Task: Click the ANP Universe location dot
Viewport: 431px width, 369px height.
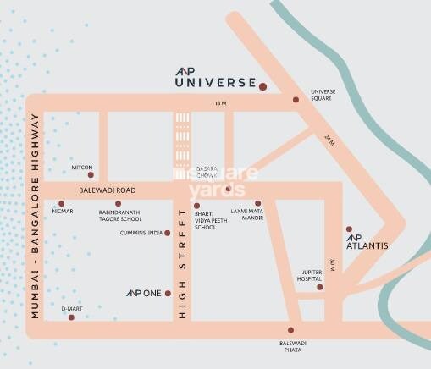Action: click(263, 86)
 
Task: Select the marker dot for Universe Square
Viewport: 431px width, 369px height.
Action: click(296, 99)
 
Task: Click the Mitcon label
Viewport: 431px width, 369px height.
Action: click(84, 167)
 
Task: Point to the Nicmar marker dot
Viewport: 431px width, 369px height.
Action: click(61, 203)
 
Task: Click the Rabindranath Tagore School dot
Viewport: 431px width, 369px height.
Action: click(118, 203)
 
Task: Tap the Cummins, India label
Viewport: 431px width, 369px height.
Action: click(140, 232)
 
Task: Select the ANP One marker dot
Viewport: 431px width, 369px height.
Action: click(169, 293)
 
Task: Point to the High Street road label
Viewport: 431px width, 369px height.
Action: click(181, 262)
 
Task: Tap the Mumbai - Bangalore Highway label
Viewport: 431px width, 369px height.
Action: click(36, 215)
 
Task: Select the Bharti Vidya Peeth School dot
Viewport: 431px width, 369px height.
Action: click(196, 205)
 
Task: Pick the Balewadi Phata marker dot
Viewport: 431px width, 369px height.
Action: click(290, 330)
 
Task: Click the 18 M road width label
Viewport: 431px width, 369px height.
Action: click(221, 103)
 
